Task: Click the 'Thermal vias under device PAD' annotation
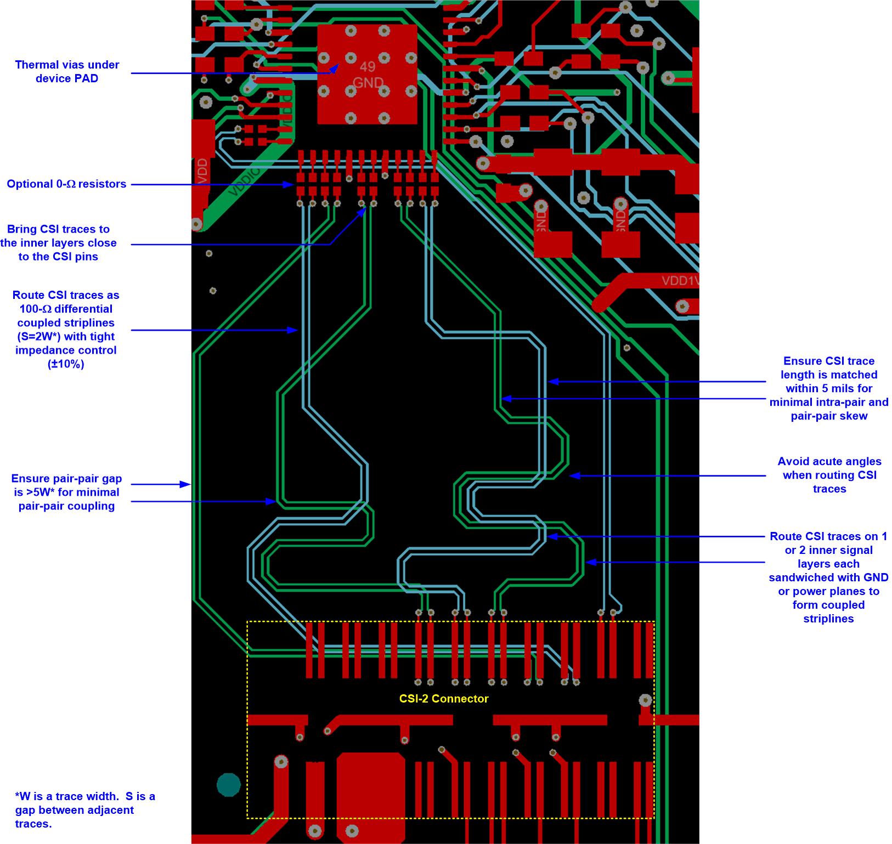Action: tap(67, 71)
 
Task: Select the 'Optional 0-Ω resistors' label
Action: tap(66, 184)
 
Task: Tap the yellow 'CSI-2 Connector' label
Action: tap(443, 699)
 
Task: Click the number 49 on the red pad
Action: tap(368, 67)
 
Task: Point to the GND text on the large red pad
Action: tap(368, 83)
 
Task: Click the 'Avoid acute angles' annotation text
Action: tap(829, 475)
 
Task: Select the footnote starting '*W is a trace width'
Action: tap(84, 809)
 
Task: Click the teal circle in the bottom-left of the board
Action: tap(229, 785)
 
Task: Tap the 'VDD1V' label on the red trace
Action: tap(680, 281)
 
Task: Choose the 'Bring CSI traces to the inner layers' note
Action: tap(58, 243)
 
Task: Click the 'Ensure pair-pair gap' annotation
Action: tap(66, 492)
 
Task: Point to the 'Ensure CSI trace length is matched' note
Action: tap(828, 388)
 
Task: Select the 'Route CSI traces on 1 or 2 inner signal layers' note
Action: tap(828, 577)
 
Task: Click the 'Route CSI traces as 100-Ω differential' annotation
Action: tap(66, 329)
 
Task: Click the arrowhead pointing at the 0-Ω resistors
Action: tap(289, 185)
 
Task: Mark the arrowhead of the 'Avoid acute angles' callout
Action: tap(574, 475)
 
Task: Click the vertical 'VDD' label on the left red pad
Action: tap(202, 170)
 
